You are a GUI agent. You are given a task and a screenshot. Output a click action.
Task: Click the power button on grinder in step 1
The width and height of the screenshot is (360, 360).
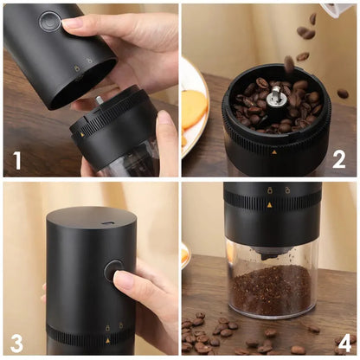[x=49, y=21]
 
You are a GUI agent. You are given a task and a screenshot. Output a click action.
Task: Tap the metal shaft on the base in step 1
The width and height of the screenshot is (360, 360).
[x=99, y=100]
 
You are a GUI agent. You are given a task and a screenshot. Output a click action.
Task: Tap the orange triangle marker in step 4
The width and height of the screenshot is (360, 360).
[x=267, y=205]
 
